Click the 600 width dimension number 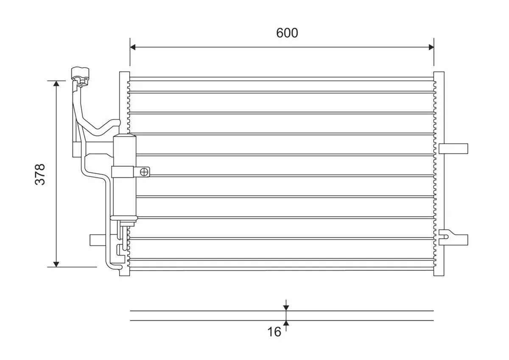click(x=287, y=33)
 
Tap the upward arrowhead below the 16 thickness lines click(x=286, y=324)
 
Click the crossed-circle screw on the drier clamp click(x=145, y=172)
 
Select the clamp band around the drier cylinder click(x=123, y=172)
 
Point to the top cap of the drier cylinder click(x=124, y=137)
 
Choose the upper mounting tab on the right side click(x=453, y=148)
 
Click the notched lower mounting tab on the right click(x=453, y=239)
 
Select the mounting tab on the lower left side click(x=97, y=240)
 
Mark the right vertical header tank click(x=439, y=174)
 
